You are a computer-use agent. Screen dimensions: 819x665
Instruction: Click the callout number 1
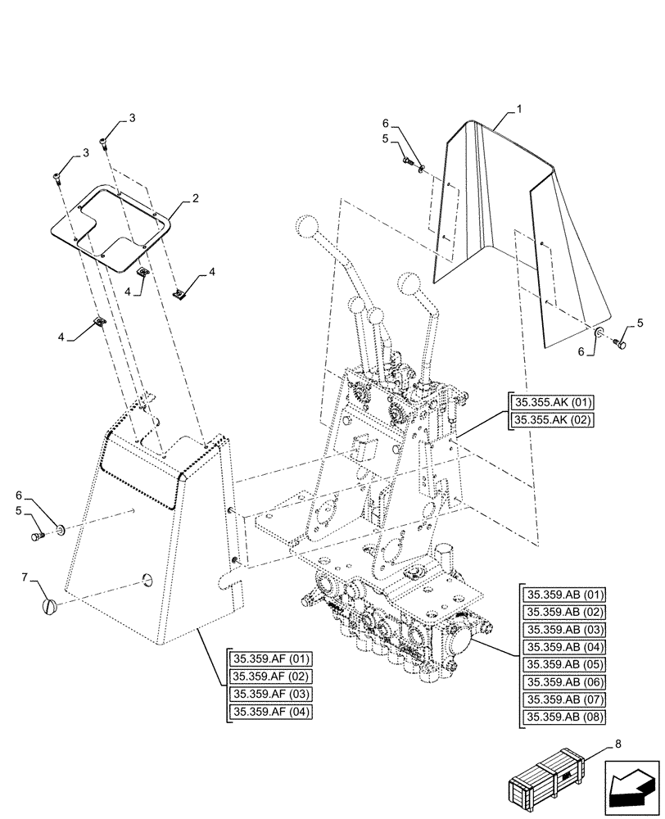pyautogui.click(x=518, y=109)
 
